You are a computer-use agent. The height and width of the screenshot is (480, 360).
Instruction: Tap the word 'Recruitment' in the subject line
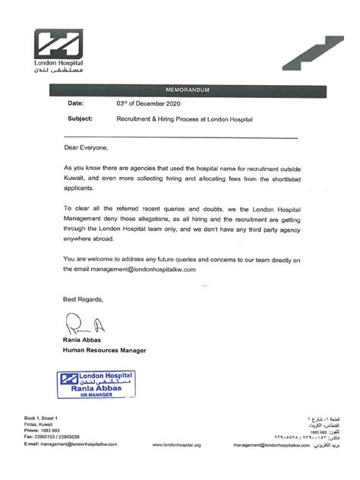click(134, 119)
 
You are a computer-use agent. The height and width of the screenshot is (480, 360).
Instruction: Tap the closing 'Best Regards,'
click(83, 299)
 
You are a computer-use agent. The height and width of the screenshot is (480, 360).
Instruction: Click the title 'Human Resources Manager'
click(104, 349)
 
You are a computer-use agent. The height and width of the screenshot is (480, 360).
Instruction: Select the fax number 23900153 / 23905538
click(58, 437)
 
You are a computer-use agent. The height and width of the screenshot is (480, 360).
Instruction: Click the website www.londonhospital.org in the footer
click(176, 444)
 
